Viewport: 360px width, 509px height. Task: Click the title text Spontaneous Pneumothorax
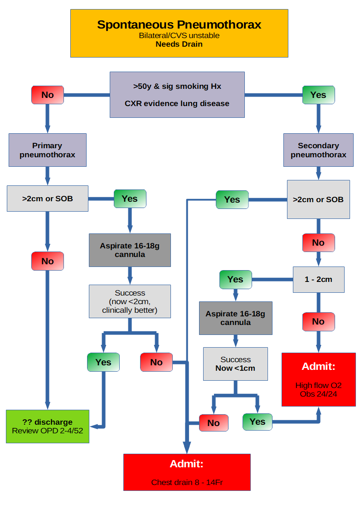[x=179, y=24]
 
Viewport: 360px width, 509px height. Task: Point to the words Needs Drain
[x=179, y=44]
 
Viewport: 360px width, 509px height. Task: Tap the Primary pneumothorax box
[x=47, y=150]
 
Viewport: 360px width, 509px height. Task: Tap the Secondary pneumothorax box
[x=318, y=150]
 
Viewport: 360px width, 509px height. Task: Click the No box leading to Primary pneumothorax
[x=47, y=95]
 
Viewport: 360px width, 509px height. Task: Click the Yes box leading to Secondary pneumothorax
[x=318, y=95]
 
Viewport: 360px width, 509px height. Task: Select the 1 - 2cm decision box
[x=318, y=279]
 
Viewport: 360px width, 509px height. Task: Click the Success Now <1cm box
[x=235, y=364]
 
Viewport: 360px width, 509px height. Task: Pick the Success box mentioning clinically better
[x=130, y=301]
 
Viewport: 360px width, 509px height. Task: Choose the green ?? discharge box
[x=48, y=426]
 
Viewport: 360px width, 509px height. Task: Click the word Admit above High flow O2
[x=318, y=366]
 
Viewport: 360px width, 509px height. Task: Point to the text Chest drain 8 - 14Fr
[x=187, y=482]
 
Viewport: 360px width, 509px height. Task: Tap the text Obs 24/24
[x=318, y=394]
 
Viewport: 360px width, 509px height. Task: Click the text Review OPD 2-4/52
[x=48, y=431]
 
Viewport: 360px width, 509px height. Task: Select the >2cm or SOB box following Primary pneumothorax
[x=48, y=199]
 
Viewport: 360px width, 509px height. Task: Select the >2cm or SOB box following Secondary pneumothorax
[x=318, y=199]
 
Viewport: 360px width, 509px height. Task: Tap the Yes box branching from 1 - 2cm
[x=235, y=279]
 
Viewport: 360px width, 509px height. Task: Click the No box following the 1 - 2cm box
[x=318, y=321]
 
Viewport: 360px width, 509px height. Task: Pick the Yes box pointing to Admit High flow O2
[x=257, y=422]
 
